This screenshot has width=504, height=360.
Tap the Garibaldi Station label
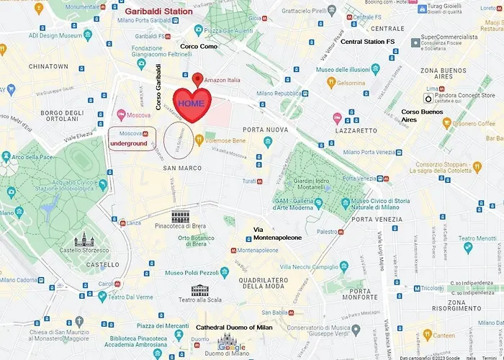[158, 12]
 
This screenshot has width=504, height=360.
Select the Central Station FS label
[368, 42]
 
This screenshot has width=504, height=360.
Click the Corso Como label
[198, 47]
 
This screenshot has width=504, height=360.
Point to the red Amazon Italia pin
[198, 78]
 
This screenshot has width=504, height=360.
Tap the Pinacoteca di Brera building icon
[181, 217]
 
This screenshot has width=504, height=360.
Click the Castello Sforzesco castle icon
[84, 240]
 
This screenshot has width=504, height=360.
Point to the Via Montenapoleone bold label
[277, 233]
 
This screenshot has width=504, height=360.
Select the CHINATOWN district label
[48, 66]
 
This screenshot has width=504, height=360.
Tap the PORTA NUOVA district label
[265, 130]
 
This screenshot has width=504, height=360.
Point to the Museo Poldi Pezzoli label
[192, 274]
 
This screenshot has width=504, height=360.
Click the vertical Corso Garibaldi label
[159, 87]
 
